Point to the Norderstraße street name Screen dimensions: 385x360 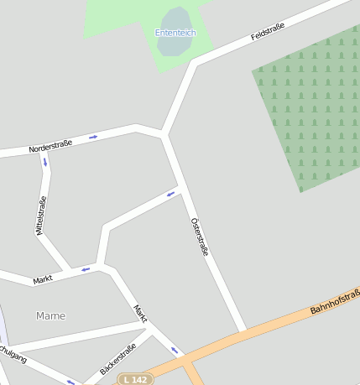point(50,145)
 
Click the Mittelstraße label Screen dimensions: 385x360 point(40,215)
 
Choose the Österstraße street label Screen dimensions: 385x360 point(199,236)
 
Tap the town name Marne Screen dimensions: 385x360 point(50,315)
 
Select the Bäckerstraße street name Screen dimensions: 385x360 point(117,359)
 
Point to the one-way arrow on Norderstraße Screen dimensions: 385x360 point(93,137)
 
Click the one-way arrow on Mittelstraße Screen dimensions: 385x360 point(44,161)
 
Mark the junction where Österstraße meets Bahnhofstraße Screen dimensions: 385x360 point(243,332)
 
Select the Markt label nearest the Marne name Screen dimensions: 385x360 point(43,279)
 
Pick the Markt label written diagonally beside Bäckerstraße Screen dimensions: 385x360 point(140,314)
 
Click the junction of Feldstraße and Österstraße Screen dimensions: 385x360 point(164,133)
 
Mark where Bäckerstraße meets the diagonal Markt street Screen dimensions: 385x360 point(151,330)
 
